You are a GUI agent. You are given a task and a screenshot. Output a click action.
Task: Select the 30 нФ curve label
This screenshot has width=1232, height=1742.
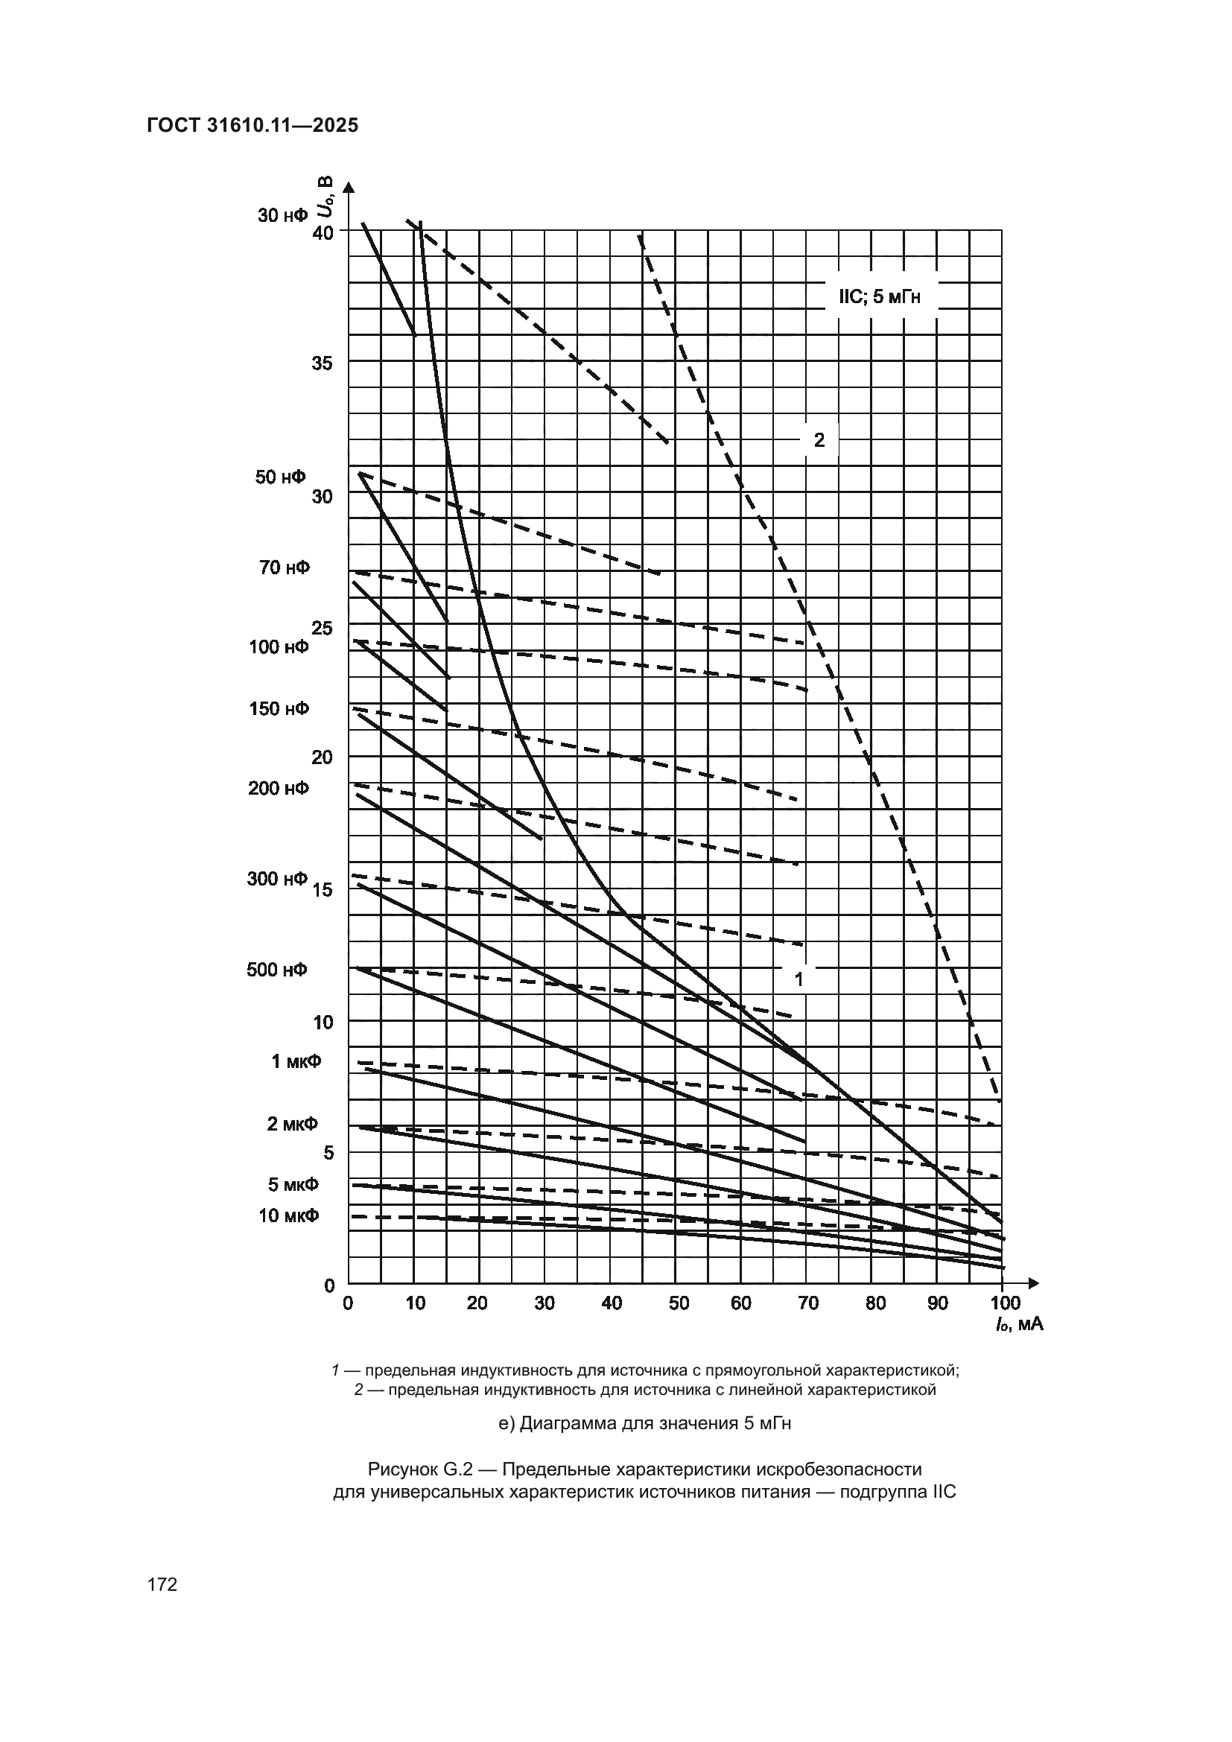tap(283, 215)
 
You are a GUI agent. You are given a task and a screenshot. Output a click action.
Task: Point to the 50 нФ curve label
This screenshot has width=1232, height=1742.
tap(280, 477)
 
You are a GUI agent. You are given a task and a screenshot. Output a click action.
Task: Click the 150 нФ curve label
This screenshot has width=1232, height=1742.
tap(279, 708)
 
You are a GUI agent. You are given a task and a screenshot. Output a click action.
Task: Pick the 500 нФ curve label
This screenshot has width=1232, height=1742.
tap(277, 970)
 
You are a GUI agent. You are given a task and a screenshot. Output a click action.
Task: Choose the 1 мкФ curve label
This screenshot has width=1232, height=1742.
tap(296, 1061)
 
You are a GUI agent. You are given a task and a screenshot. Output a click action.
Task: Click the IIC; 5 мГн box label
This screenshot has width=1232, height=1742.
tap(879, 296)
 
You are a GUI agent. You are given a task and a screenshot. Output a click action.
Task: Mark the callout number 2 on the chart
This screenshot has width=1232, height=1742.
tap(819, 439)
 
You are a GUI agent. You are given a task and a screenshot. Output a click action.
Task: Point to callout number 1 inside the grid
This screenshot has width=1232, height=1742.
tap(798, 979)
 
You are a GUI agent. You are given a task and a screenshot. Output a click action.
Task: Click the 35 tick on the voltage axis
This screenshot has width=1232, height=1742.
tap(322, 363)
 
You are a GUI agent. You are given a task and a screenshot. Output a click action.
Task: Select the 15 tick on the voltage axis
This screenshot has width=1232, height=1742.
tap(322, 889)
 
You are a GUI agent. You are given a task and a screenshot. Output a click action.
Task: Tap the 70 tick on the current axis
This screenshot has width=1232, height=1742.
tap(809, 1303)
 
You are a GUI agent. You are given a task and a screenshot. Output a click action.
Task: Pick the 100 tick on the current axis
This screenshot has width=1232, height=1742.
tap(1006, 1303)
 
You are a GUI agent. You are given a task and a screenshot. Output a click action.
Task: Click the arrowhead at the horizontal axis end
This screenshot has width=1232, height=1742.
tap(1033, 1284)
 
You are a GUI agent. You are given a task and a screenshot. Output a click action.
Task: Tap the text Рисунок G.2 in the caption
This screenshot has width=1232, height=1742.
tap(420, 1469)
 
